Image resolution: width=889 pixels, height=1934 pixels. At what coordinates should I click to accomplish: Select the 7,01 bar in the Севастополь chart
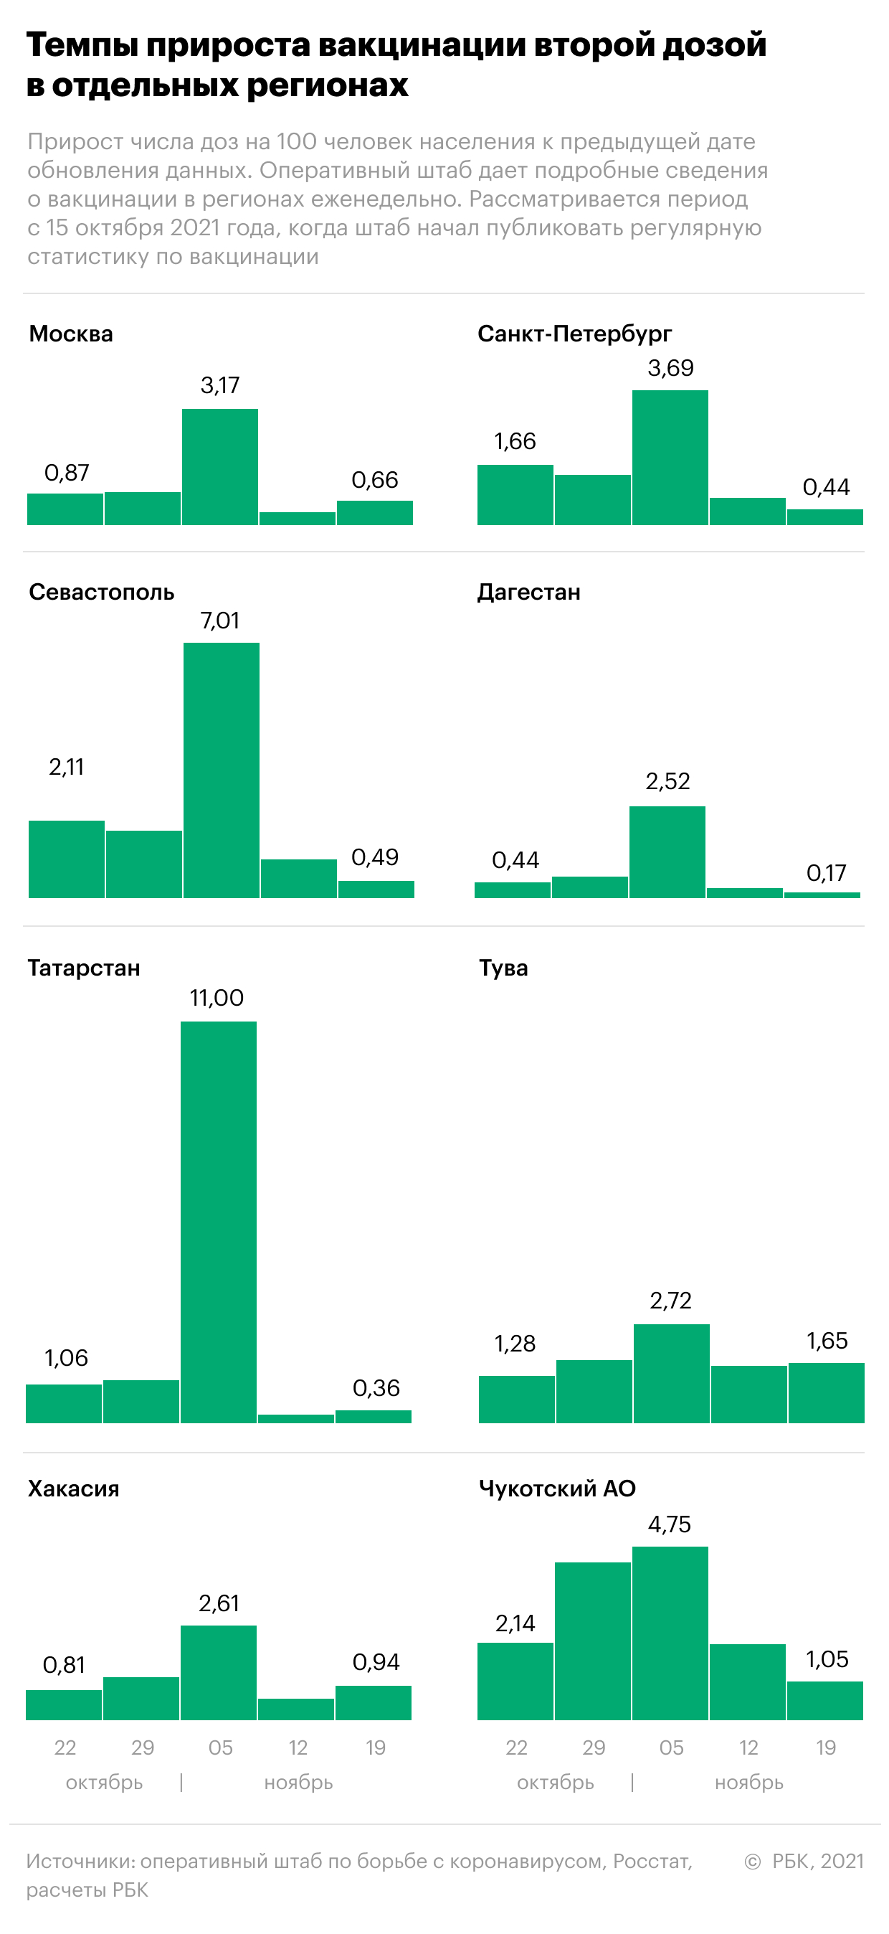coord(222,770)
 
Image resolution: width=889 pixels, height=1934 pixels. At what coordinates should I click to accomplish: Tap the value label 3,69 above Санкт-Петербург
coord(670,368)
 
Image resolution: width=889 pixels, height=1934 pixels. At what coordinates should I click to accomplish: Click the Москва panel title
coord(71,334)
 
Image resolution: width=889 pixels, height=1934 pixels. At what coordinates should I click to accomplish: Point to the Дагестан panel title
coord(529,593)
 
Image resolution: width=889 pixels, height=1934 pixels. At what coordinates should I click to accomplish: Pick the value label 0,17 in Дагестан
coord(826,872)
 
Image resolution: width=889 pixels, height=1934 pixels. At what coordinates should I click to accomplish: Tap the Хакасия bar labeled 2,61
coord(219,1672)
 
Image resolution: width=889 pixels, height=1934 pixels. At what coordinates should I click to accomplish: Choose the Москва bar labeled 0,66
coord(374,513)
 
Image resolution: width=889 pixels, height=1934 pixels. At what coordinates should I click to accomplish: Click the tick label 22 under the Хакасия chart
coord(65,1747)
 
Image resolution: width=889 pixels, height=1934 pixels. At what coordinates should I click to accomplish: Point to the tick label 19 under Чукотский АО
coord(826,1747)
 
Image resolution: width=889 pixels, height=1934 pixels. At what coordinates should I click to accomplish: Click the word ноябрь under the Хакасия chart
coord(298,1783)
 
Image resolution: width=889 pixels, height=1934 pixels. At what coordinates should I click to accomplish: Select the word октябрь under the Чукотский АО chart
coord(555,1783)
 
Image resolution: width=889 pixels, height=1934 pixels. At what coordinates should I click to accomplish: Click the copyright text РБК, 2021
coord(817,1861)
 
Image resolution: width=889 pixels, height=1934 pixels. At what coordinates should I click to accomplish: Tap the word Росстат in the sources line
coord(650,1861)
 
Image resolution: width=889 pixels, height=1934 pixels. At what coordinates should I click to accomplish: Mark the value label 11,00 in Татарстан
coord(217,998)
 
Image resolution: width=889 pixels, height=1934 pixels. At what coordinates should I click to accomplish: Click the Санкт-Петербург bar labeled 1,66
coord(515,495)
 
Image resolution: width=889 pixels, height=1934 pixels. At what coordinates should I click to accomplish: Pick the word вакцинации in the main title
coord(422,45)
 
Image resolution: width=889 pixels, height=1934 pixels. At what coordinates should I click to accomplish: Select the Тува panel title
coord(503,968)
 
